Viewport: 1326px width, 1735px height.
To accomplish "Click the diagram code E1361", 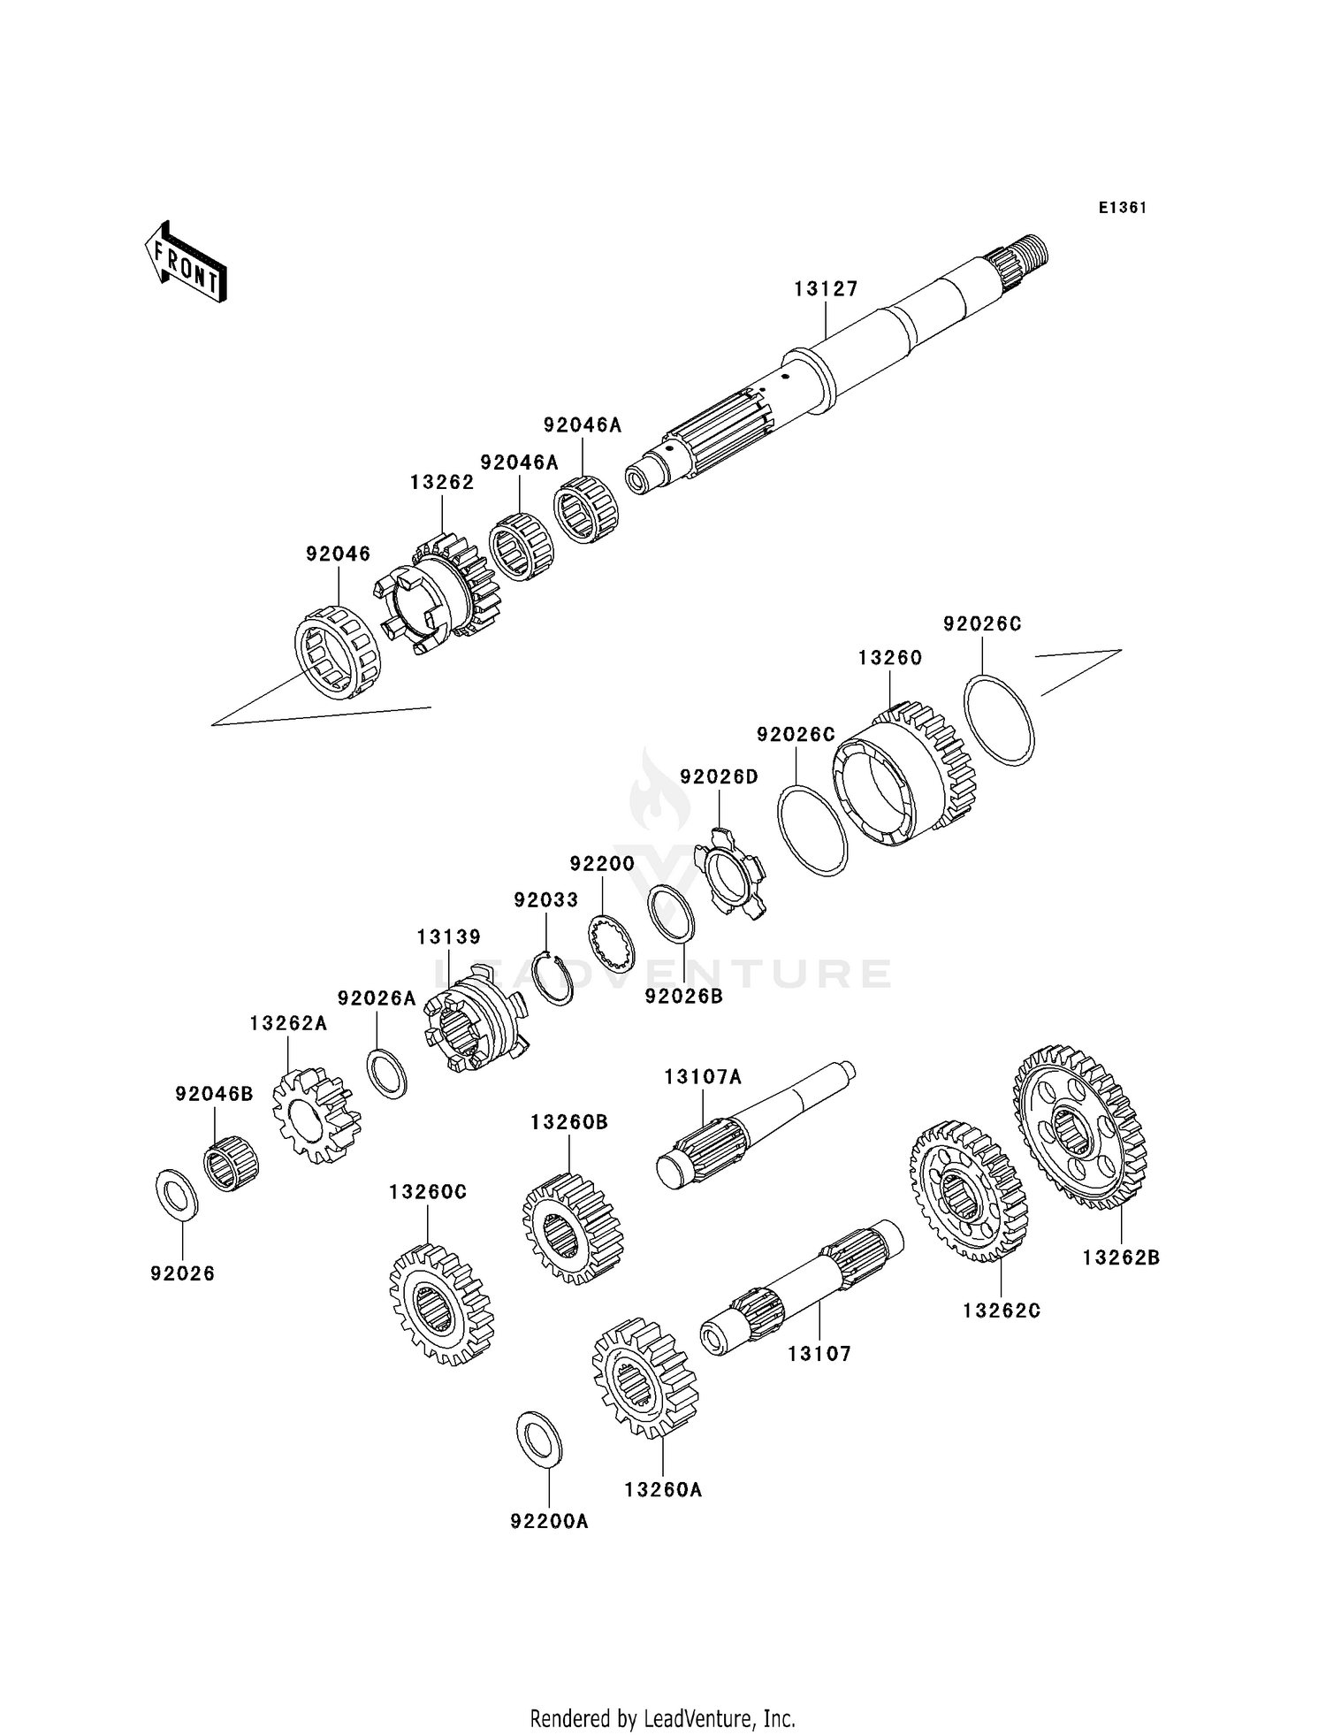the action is pos(1123,208).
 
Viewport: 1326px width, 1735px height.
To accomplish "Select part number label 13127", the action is pos(826,289).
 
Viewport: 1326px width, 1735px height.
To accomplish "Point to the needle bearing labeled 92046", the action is pos(337,653).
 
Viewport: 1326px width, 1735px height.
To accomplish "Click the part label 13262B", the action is pos(1121,1257).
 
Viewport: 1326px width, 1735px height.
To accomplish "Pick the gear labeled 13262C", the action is pos(969,1190).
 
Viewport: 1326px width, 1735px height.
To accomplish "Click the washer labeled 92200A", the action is pos(538,1438).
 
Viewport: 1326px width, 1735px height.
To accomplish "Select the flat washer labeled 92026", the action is pos(177,1195).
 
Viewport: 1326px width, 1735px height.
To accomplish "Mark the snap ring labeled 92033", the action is pos(556,978).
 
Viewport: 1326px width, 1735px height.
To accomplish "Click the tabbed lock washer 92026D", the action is pos(731,873).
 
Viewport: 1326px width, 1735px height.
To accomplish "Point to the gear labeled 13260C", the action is pos(441,1304).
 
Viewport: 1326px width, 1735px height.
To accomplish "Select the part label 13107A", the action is pos(703,1076).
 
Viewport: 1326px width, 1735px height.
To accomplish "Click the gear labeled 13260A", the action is pos(644,1380).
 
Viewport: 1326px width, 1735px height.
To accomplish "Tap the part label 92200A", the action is pos(549,1521).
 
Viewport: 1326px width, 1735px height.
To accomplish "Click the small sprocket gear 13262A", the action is pos(316,1115).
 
